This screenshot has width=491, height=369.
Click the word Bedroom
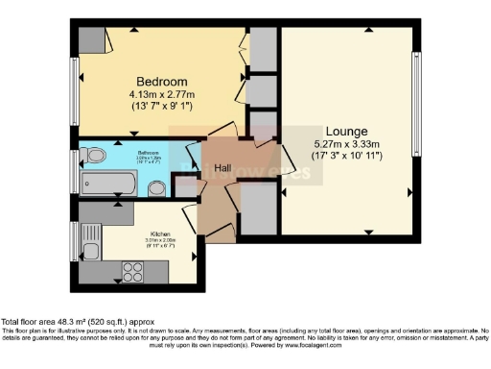coord(160,81)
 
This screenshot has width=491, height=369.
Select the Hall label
coord(222,167)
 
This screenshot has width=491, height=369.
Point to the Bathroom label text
coord(120,153)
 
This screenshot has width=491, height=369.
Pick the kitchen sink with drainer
coord(90,237)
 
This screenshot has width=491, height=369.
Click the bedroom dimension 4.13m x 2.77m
coord(160,94)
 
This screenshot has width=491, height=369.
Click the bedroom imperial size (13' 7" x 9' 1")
coord(160,107)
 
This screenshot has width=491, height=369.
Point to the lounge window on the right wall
coord(415,101)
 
